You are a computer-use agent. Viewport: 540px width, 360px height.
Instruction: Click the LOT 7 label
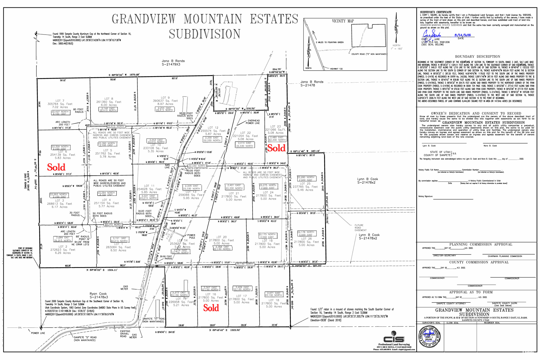[x=60, y=101]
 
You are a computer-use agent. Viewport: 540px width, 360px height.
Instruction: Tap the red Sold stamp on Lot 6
[x=56, y=167]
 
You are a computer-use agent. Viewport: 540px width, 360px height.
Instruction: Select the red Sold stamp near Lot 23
[x=276, y=148]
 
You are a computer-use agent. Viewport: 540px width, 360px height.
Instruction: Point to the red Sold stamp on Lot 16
[x=211, y=308]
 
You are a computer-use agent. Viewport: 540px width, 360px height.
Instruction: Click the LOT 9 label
[x=165, y=98]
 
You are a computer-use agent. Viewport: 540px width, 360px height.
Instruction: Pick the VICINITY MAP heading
[x=343, y=21]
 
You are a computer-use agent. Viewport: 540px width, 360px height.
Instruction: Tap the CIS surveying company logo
[x=394, y=339]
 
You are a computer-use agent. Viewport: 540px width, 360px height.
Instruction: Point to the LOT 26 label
[x=306, y=239]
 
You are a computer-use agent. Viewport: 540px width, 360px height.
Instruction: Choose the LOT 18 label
[x=274, y=300]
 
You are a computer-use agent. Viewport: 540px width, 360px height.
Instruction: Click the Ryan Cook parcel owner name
[x=98, y=294]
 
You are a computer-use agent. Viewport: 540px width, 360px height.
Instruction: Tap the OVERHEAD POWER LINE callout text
[x=253, y=122]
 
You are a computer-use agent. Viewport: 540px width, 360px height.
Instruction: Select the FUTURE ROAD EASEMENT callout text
[x=359, y=228]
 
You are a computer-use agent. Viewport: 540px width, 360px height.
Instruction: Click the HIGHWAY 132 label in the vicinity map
[x=336, y=69]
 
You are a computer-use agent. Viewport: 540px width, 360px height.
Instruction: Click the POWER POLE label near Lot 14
[x=191, y=236]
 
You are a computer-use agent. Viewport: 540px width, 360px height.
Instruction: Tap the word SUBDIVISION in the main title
[x=205, y=34]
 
